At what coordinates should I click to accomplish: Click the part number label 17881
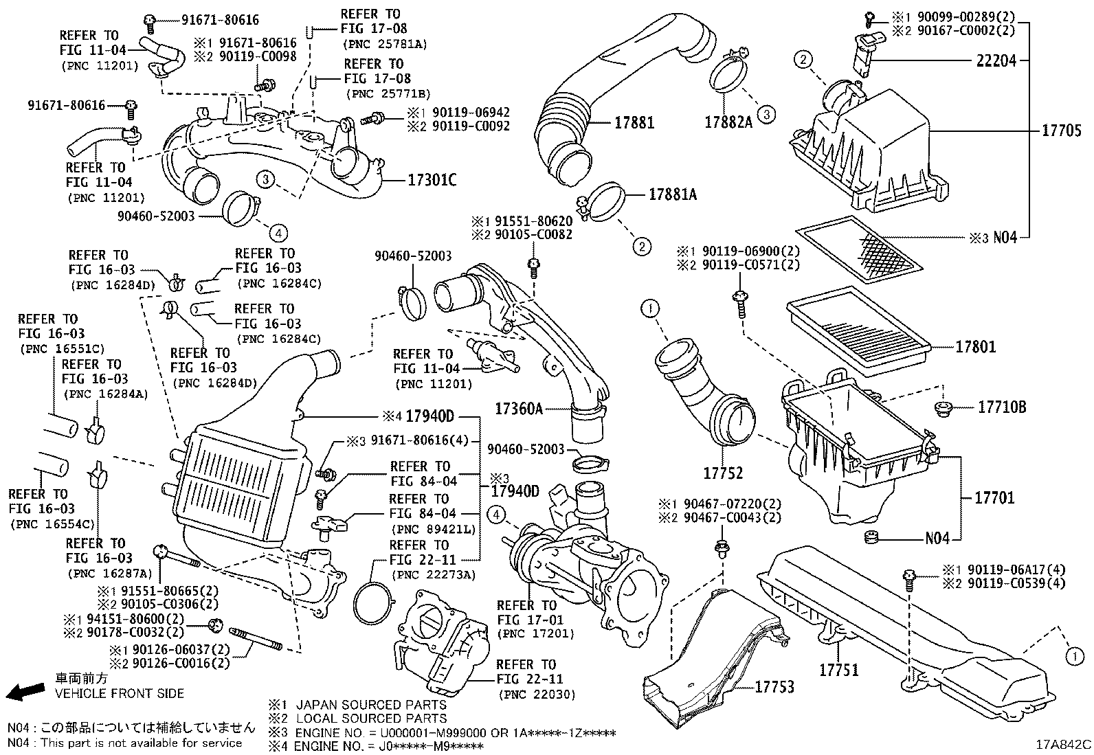(634, 124)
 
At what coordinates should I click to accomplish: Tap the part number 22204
(996, 61)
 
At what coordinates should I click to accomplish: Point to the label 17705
(1061, 131)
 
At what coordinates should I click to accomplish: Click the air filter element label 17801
(975, 348)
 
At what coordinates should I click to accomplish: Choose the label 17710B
(1002, 407)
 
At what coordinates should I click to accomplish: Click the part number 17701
(994, 497)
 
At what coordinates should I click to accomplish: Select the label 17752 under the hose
(722, 473)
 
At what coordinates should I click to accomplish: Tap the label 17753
(774, 686)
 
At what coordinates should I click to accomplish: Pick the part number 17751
(838, 669)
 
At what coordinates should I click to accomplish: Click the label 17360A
(519, 409)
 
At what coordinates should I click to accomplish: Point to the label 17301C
(432, 181)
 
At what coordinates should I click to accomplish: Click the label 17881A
(672, 195)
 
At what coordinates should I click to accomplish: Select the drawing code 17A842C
(1064, 745)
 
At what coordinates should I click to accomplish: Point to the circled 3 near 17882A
(767, 114)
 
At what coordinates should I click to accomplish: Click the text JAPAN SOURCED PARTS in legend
(371, 705)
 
